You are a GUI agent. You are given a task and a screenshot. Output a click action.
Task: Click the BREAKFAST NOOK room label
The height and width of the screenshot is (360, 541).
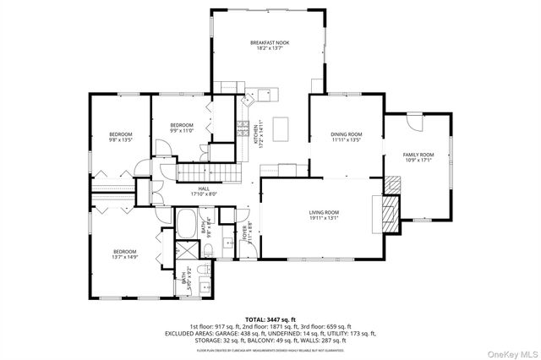[267, 46]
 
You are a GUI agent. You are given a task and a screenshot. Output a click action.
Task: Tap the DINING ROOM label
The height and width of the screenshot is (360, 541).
[347, 137]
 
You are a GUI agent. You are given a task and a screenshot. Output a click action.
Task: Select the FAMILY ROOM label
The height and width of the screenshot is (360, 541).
[418, 157]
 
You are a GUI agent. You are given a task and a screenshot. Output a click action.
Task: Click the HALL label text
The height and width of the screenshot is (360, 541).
[204, 191]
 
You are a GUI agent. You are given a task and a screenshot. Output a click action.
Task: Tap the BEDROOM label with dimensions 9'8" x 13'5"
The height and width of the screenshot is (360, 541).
[120, 137]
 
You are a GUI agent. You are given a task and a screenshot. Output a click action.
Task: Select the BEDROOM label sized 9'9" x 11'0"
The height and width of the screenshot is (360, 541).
[182, 128]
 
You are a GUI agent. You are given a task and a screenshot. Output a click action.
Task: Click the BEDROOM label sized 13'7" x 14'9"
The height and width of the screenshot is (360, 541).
[125, 254]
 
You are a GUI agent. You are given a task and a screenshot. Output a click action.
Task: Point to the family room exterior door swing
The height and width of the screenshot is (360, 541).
[413, 120]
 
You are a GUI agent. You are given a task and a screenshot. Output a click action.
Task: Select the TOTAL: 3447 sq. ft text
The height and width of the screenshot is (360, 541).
[270, 319]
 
